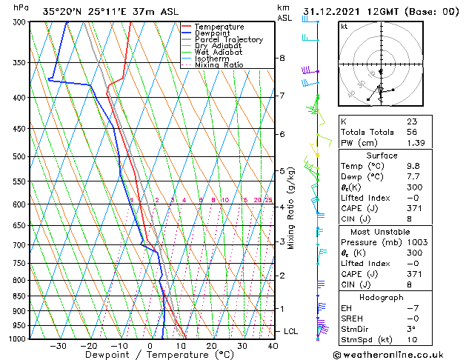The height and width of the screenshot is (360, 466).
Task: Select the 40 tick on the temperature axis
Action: tap(273, 345)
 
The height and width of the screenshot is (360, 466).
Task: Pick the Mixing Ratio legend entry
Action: tap(219, 65)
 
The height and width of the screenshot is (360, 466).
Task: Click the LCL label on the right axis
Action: tap(291, 330)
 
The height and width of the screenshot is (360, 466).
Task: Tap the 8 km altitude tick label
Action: tap(282, 58)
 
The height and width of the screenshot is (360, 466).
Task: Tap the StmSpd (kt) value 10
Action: tap(411, 339)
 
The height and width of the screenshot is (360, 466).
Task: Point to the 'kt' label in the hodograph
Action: tap(344, 27)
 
